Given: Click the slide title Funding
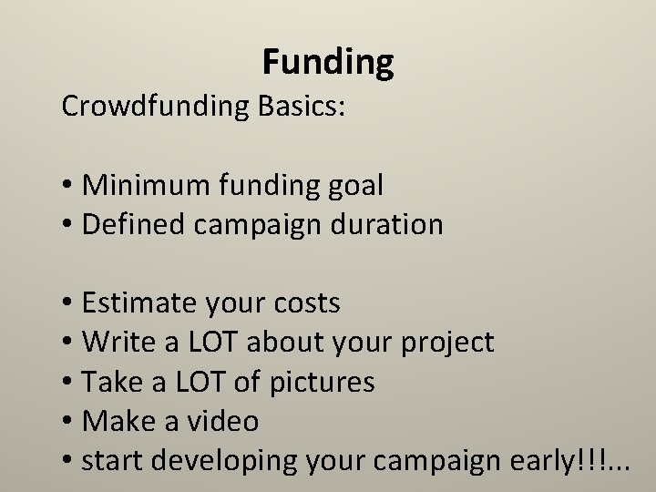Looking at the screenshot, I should (328, 62).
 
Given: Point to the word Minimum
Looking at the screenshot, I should (146, 185).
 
